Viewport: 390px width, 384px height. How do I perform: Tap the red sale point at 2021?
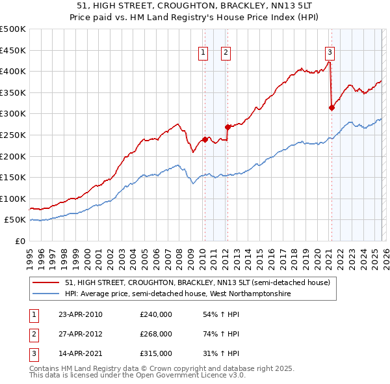pos(331,108)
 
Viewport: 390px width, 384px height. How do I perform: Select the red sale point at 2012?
pos(227,128)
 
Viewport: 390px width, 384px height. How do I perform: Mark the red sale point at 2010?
pos(205,139)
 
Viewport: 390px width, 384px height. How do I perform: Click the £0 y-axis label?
pos(19,241)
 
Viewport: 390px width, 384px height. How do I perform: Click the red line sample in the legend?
pos(47,282)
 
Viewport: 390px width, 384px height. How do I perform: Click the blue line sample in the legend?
pos(47,294)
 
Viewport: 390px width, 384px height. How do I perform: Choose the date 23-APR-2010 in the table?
pos(81,314)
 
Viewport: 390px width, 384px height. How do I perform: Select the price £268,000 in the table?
pos(155,334)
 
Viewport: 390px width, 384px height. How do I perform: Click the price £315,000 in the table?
pos(155,353)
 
